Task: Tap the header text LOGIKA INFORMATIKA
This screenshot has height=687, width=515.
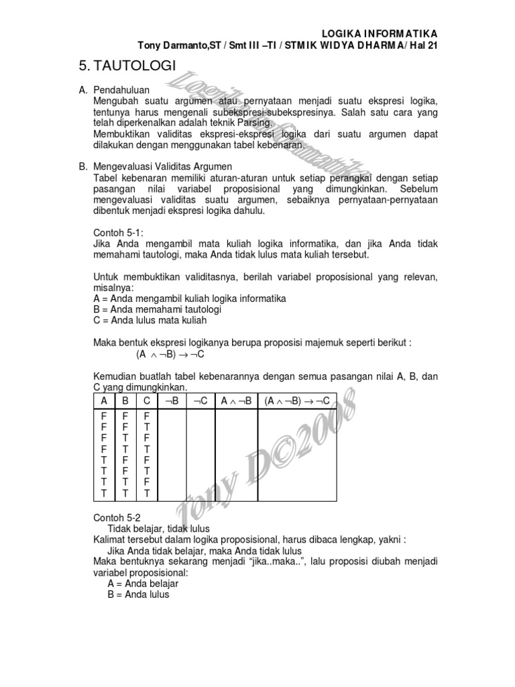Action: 380,33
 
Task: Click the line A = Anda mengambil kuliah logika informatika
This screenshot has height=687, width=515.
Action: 190,298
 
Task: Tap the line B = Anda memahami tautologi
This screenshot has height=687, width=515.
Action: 158,309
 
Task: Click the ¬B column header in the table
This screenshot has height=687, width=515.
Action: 171,401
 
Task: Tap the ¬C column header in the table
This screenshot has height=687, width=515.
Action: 201,401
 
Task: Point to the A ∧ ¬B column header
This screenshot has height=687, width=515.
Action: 236,401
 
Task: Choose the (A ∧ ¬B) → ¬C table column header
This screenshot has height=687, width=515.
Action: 297,401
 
